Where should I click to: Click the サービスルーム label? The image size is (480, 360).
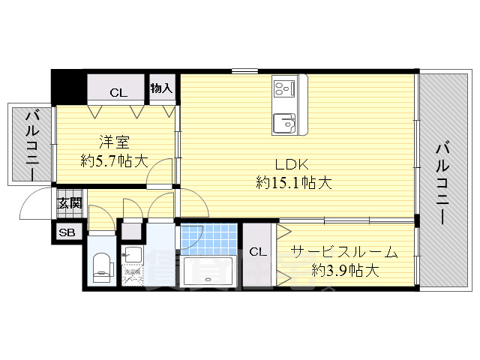(343, 252)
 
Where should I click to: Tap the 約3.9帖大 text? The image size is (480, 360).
(345, 269)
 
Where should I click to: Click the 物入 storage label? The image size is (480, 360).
(162, 88)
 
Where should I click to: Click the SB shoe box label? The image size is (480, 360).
(67, 232)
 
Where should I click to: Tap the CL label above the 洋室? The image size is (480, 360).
(118, 93)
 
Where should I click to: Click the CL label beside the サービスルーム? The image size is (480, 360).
(256, 252)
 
